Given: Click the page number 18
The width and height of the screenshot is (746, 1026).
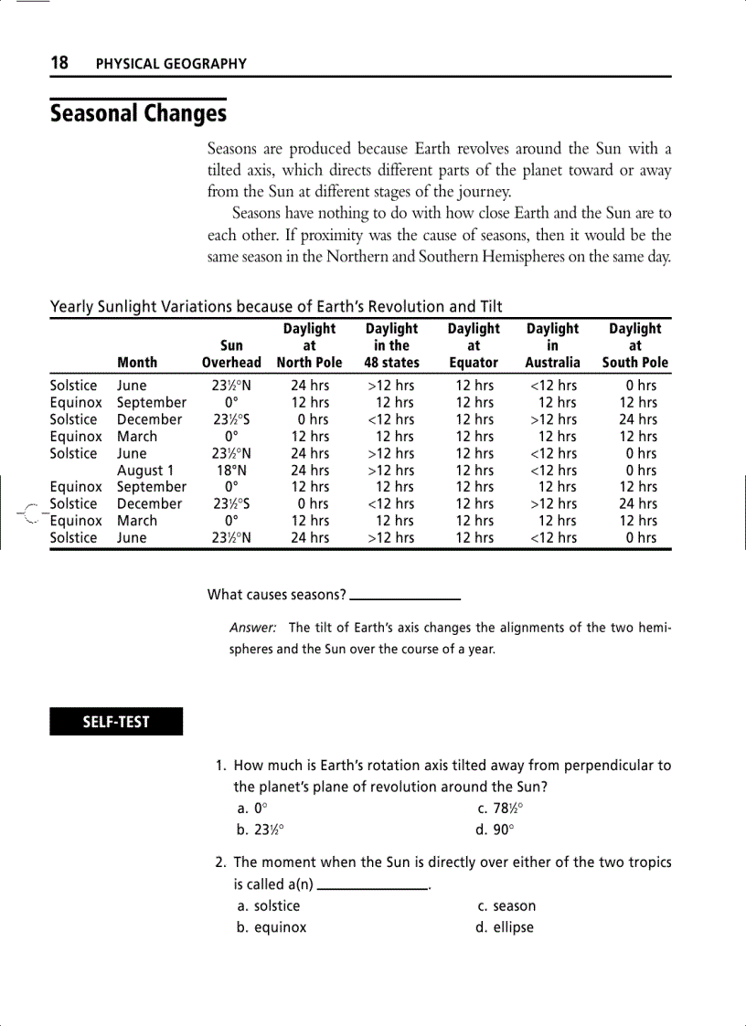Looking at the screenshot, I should (x=59, y=63).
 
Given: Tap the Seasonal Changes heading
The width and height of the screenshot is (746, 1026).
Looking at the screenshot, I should (x=138, y=114).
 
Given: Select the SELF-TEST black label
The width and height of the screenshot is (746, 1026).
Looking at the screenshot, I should (x=116, y=722).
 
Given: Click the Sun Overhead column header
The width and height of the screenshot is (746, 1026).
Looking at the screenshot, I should (x=231, y=354).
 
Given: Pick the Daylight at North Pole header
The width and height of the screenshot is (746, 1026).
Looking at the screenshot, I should (x=309, y=345).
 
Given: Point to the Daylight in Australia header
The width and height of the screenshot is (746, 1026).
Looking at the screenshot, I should (x=552, y=345).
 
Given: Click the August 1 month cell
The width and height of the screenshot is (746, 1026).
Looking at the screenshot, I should (x=145, y=471).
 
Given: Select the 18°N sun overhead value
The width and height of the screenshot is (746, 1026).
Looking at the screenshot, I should (x=231, y=471).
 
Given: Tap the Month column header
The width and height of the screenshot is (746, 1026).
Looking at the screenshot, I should (x=137, y=363).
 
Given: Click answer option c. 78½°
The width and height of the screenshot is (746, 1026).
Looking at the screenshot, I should (x=501, y=809).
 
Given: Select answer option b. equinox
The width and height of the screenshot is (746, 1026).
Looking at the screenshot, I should (x=272, y=927).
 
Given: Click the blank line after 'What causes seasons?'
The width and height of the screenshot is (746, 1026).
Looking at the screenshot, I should (x=405, y=598).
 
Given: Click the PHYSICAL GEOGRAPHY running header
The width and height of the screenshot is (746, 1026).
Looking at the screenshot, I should (x=171, y=64).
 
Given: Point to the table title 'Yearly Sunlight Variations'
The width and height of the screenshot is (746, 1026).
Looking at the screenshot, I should (x=276, y=307).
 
